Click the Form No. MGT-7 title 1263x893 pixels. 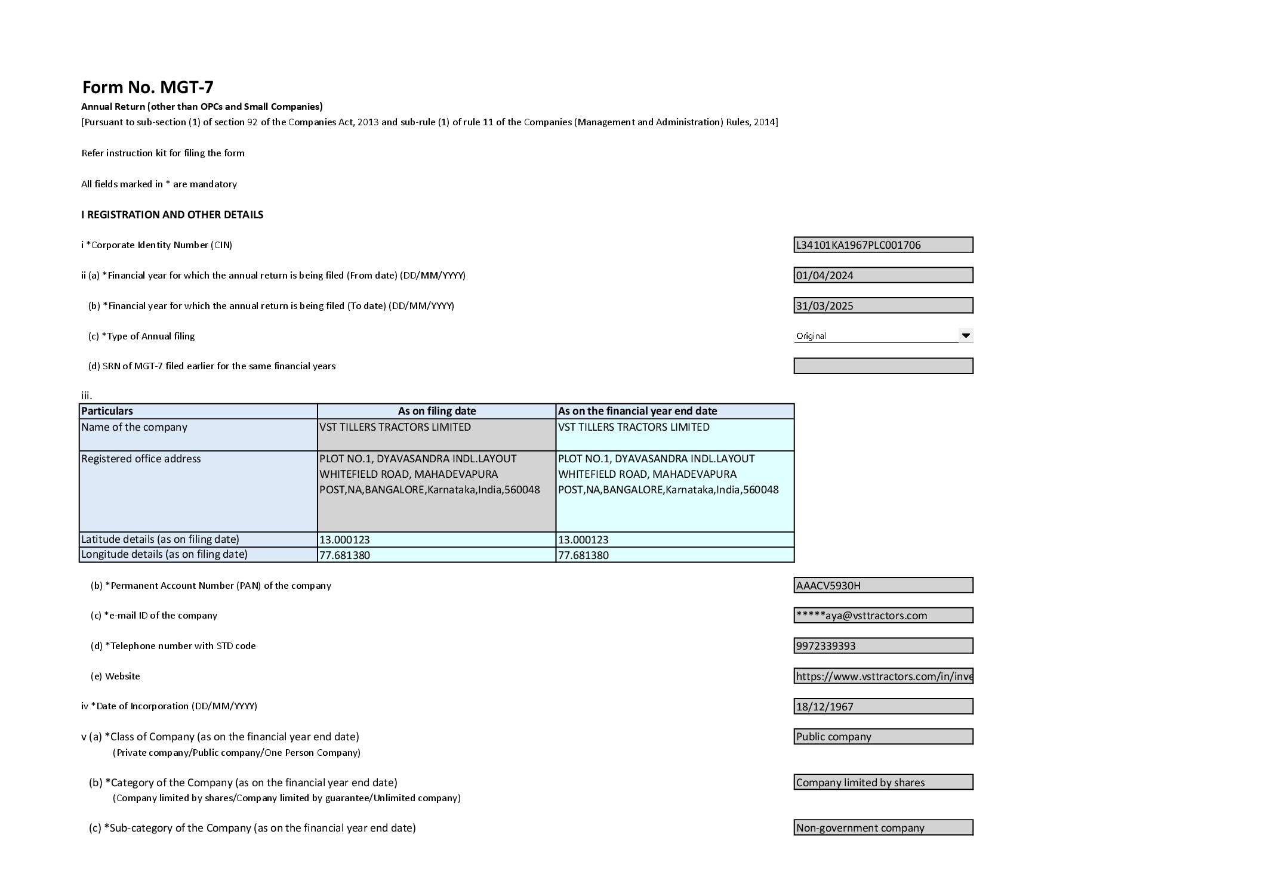click(147, 87)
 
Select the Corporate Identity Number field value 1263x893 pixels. click(883, 245)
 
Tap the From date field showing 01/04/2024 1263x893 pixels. click(883, 275)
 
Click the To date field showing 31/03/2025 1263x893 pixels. click(883, 305)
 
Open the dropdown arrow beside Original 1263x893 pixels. click(965, 335)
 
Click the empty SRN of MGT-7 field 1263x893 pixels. click(883, 366)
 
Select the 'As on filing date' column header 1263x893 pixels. click(436, 411)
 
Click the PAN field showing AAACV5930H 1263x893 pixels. click(883, 585)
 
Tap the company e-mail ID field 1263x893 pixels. click(883, 615)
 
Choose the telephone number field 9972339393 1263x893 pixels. click(883, 645)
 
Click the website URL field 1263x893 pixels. click(883, 676)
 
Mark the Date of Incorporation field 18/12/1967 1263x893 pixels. click(883, 706)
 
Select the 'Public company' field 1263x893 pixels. click(883, 737)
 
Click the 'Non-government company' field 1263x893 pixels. click(883, 827)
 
